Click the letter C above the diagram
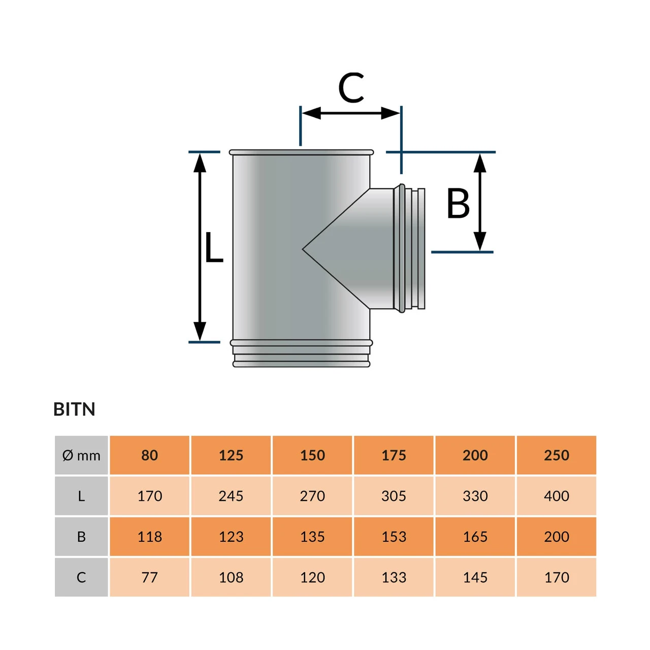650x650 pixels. [x=351, y=87]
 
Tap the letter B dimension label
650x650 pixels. [x=458, y=204]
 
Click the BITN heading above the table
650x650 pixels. [x=74, y=409]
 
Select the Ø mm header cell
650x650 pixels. [x=81, y=456]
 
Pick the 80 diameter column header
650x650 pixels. [x=150, y=456]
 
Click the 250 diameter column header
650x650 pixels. [x=557, y=456]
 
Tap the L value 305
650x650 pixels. [x=394, y=496]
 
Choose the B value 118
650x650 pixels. [x=150, y=537]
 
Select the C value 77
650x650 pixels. [x=150, y=577]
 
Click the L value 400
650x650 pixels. [x=557, y=496]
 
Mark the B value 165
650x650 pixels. [x=475, y=537]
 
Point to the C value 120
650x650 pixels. [x=312, y=577]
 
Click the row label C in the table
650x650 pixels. [x=81, y=577]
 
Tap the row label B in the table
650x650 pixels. [x=81, y=537]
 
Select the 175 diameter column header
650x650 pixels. [x=394, y=456]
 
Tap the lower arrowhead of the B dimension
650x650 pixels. [x=480, y=241]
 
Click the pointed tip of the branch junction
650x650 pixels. [x=304, y=249]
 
